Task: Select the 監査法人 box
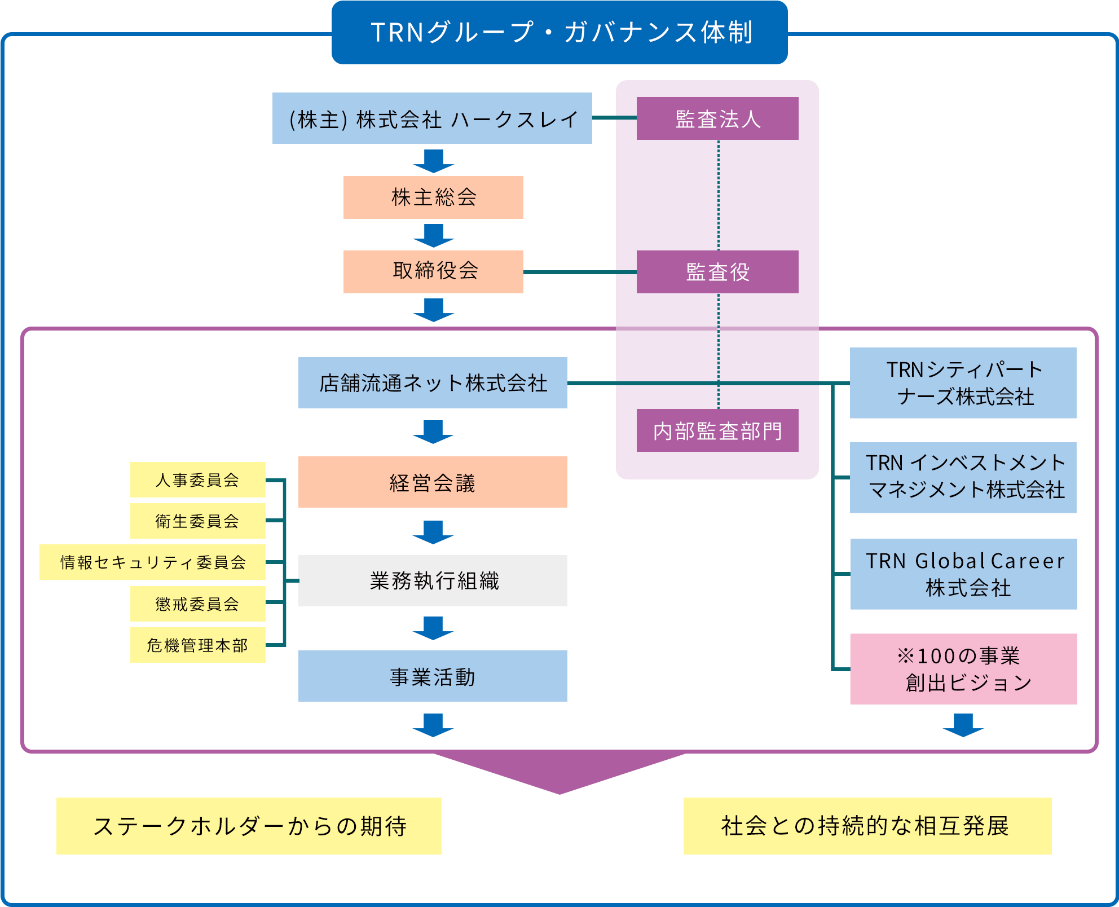[x=717, y=118]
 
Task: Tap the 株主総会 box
[x=433, y=197]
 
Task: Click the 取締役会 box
[x=433, y=272]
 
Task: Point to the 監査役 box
[x=717, y=272]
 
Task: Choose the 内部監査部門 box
[x=717, y=430]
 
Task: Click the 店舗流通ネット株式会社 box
[x=433, y=382]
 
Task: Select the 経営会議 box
[x=433, y=482]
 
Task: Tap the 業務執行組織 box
[x=433, y=580]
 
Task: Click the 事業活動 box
[x=433, y=676]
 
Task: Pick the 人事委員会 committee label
[x=198, y=479]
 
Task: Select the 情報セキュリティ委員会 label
[x=152, y=562]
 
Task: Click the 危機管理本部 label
[x=198, y=645]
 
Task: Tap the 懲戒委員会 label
[x=198, y=604]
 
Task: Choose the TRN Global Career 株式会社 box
[x=963, y=574]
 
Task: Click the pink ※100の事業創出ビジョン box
[x=963, y=669]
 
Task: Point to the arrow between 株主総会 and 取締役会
[x=433, y=235]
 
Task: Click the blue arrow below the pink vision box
[x=963, y=725]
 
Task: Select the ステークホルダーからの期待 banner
[x=249, y=826]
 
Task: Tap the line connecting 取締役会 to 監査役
[x=580, y=272]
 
